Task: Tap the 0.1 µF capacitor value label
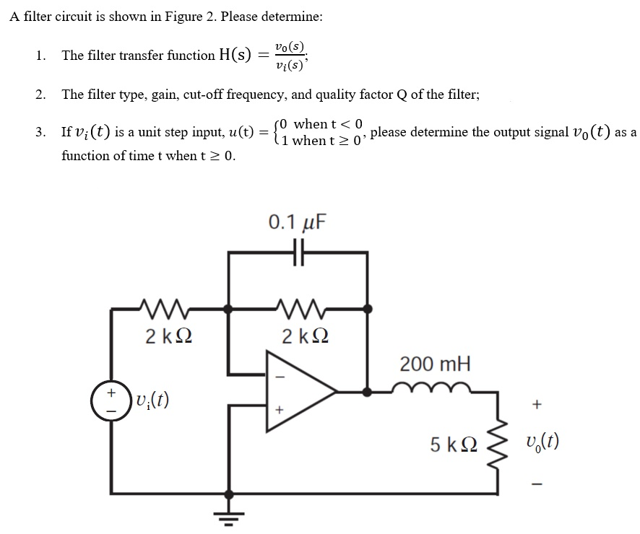coord(297,222)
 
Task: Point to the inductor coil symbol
coord(433,390)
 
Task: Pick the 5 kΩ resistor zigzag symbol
coord(497,445)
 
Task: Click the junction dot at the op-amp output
coord(368,392)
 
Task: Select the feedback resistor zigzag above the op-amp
coord(298,309)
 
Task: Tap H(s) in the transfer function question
coord(235,55)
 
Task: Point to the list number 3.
coord(40,132)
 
